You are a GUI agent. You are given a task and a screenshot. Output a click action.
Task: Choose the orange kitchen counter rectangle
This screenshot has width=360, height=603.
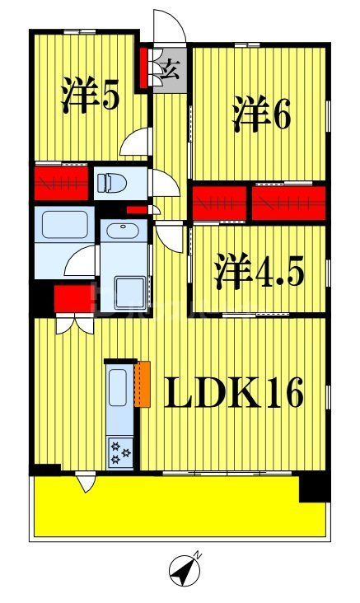pyautogui.click(x=144, y=383)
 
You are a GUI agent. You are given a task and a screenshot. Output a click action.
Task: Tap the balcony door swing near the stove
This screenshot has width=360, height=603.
pyautogui.click(x=85, y=483)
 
